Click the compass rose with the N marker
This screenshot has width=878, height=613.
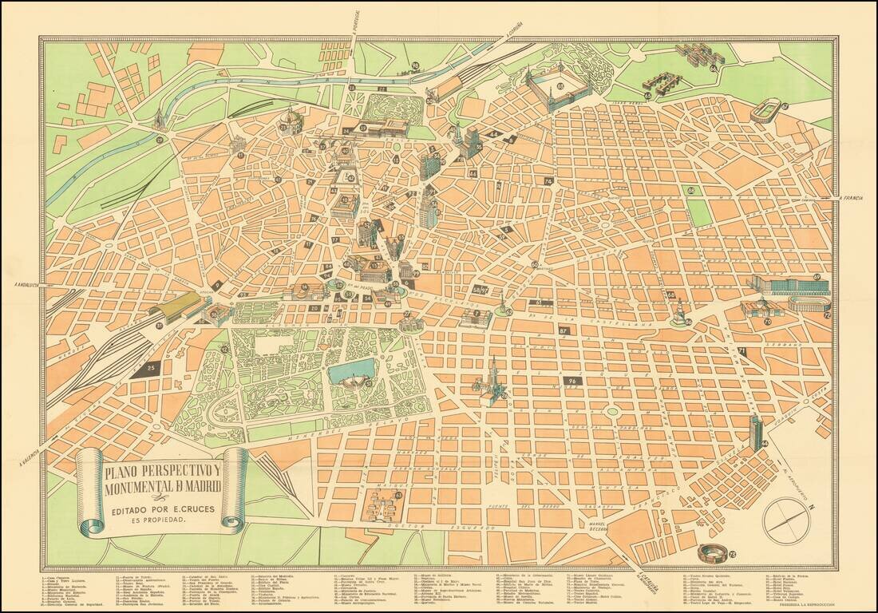tap(785, 521)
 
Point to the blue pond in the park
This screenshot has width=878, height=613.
tap(350, 372)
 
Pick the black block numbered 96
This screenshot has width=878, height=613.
tap(572, 382)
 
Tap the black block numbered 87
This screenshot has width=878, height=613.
tap(565, 330)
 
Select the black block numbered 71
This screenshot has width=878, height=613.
tap(742, 351)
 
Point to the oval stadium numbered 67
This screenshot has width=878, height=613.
tap(767, 109)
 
